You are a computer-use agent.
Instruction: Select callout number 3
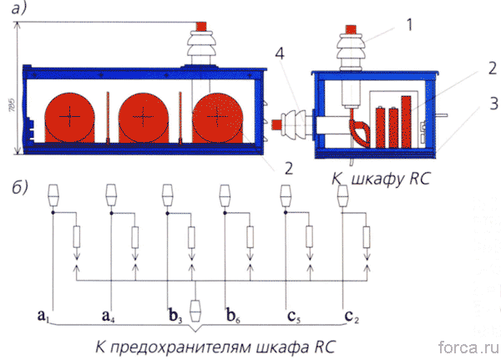click(473, 104)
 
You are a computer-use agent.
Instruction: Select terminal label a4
click(106, 315)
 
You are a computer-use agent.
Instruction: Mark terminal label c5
click(292, 315)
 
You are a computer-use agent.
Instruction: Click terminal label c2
click(352, 315)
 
